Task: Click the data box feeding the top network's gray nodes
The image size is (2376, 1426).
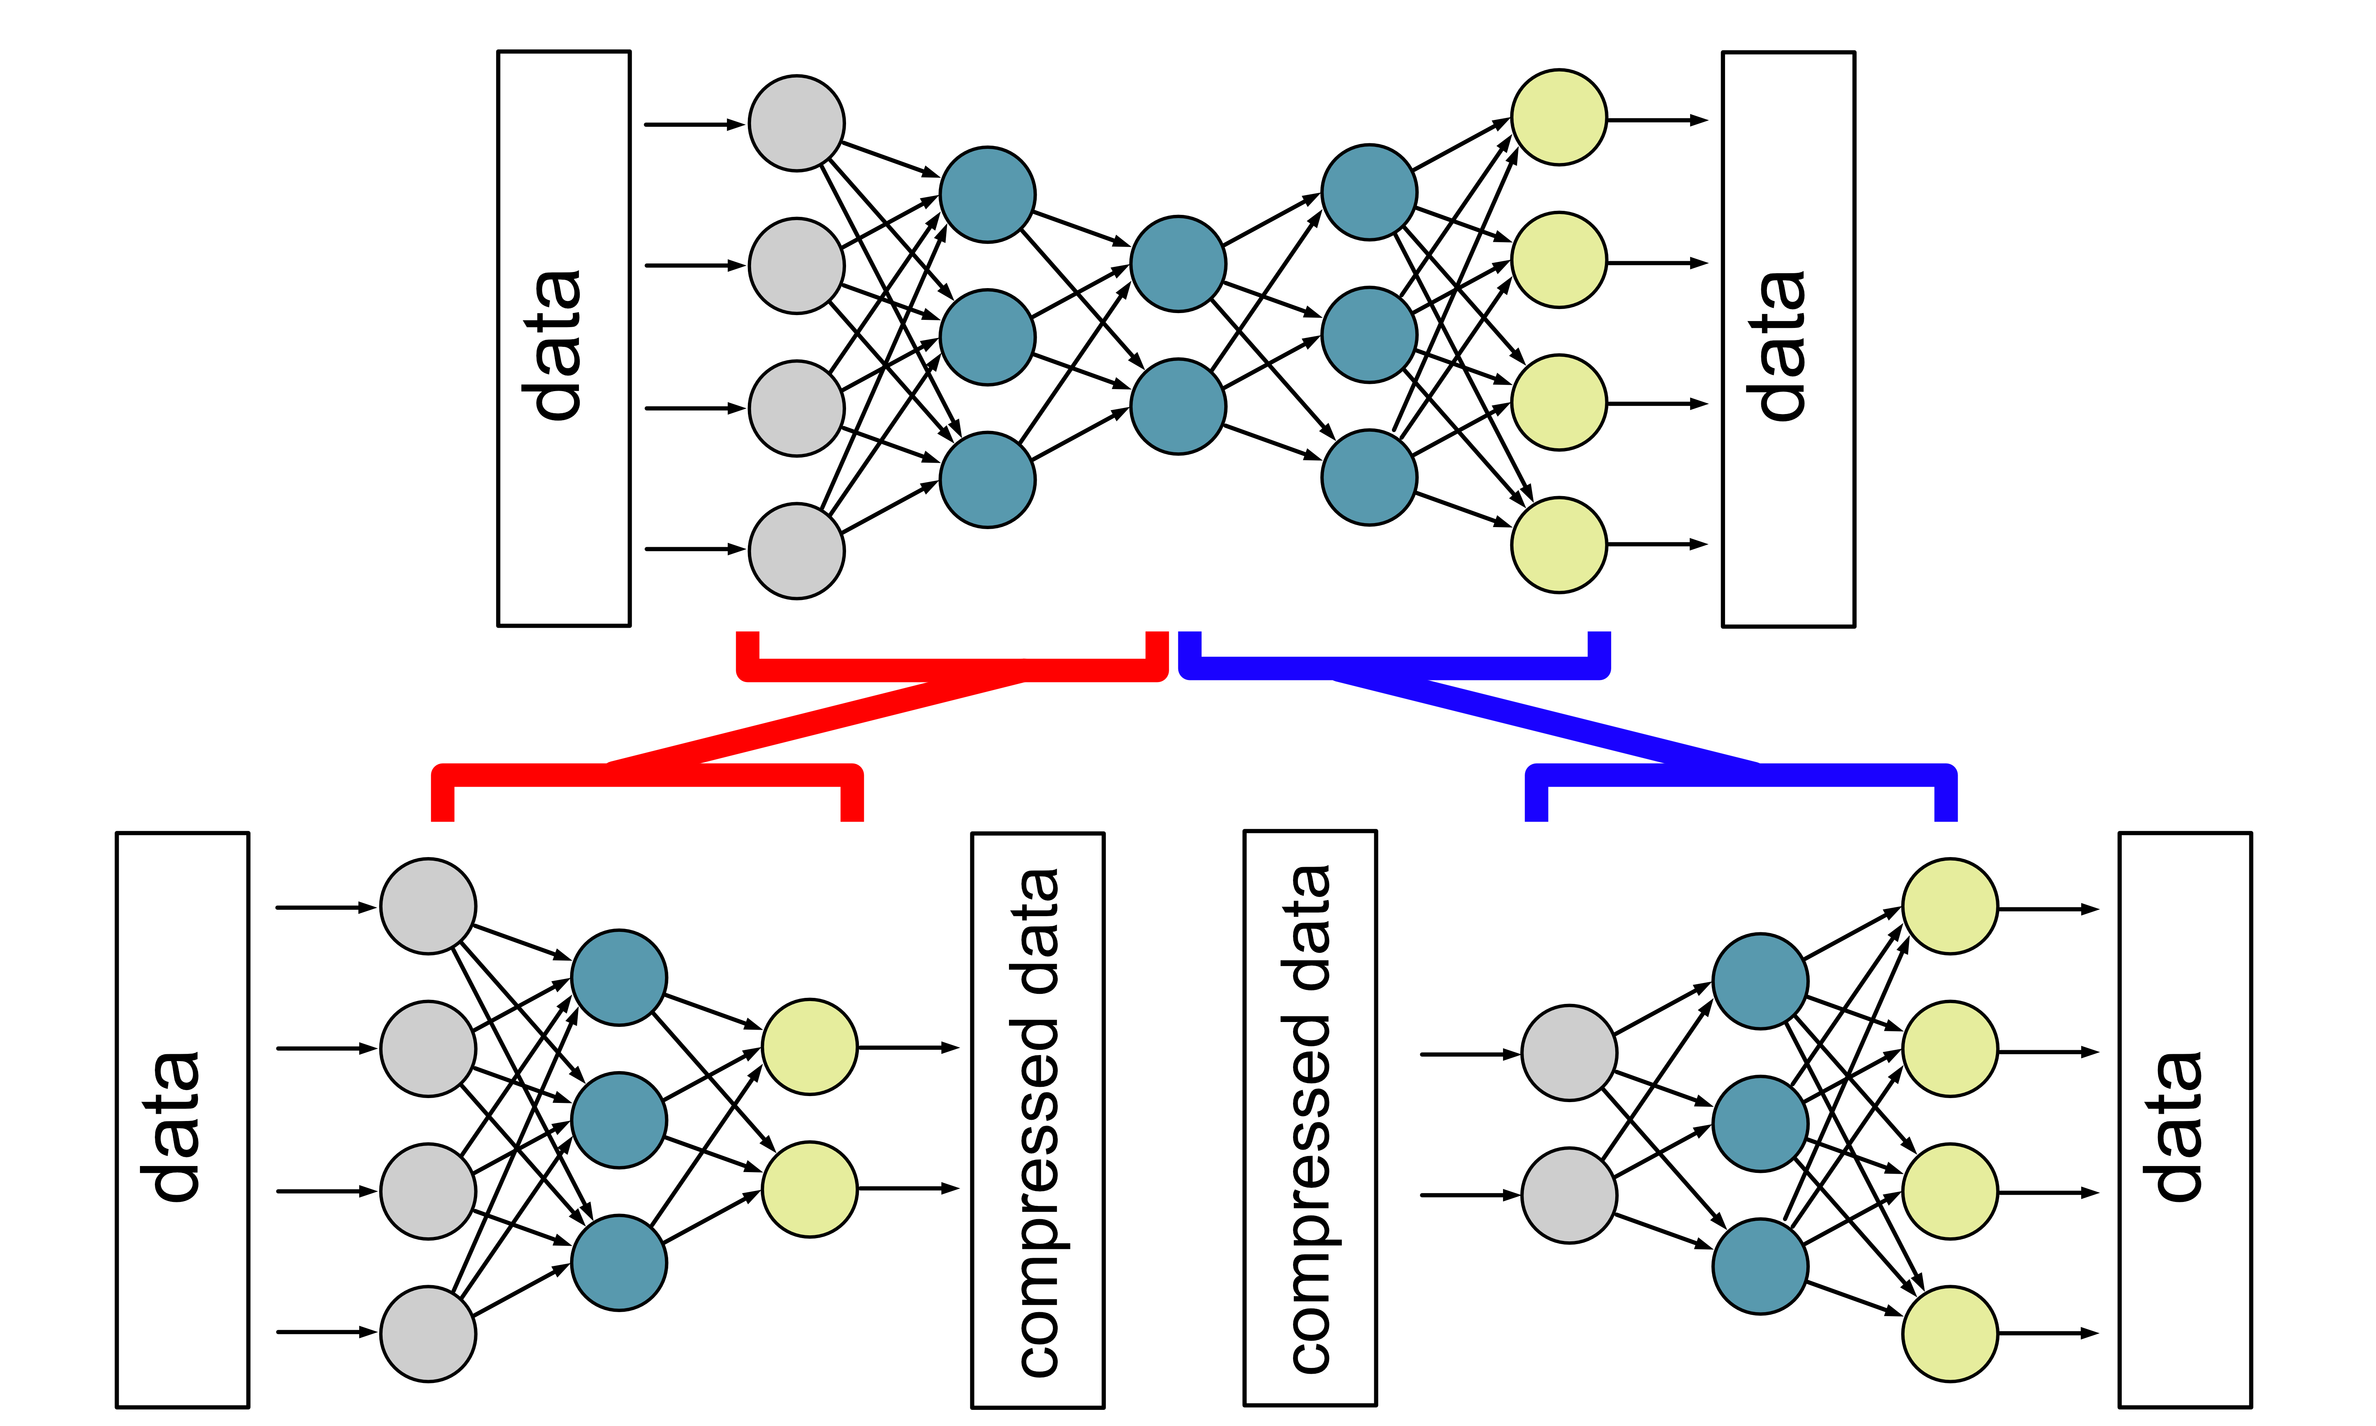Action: point(564,338)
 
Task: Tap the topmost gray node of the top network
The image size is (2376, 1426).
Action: point(797,124)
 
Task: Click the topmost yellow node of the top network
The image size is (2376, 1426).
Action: point(1559,117)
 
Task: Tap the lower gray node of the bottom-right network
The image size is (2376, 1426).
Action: point(1569,1195)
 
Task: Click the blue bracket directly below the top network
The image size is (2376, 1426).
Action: point(1393,668)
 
